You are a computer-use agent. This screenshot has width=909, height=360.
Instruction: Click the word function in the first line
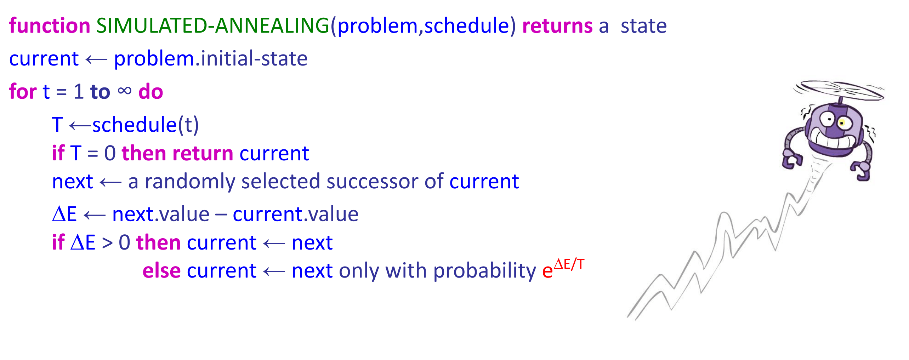pyautogui.click(x=50, y=26)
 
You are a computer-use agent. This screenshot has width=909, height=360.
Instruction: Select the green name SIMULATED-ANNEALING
pyautogui.click(x=212, y=26)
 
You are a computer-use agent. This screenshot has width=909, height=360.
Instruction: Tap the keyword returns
pyautogui.click(x=557, y=26)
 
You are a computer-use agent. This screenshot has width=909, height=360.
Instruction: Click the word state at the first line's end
pyautogui.click(x=644, y=26)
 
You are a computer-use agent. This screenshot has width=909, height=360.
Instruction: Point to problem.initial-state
pyautogui.click(x=211, y=59)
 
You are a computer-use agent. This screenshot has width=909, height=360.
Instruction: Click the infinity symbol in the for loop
pyautogui.click(x=125, y=91)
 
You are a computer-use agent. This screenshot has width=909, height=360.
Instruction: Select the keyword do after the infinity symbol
pyautogui.click(x=151, y=92)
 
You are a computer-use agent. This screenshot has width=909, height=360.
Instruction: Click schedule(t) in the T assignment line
pyautogui.click(x=146, y=125)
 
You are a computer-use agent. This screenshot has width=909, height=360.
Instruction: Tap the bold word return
pyautogui.click(x=203, y=153)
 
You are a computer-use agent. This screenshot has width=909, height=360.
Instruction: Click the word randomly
pyautogui.click(x=190, y=182)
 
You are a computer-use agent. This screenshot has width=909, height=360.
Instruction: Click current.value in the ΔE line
pyautogui.click(x=295, y=215)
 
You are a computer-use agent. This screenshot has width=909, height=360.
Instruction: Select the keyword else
pyautogui.click(x=161, y=271)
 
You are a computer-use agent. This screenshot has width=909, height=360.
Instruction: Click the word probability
pyautogui.click(x=485, y=272)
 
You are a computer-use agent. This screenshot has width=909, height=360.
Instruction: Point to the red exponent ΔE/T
pyautogui.click(x=569, y=264)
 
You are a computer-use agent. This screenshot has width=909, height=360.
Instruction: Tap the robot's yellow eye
pyautogui.click(x=842, y=123)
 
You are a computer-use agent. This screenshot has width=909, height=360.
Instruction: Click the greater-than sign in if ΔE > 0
pyautogui.click(x=107, y=243)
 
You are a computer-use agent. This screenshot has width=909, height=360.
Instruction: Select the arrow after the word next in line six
pyautogui.click(x=110, y=183)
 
